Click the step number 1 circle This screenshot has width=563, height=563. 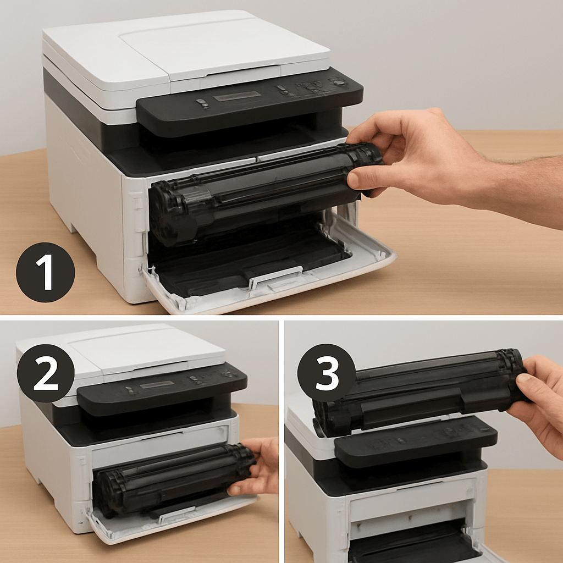tap(46, 272)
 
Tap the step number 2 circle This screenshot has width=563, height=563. tap(46, 373)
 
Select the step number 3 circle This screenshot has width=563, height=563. tap(327, 373)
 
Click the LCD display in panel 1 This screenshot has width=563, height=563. tap(237, 96)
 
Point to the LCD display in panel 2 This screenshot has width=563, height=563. tap(157, 384)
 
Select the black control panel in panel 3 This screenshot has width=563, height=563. tap(416, 441)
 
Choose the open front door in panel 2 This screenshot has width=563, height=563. tap(169, 521)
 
